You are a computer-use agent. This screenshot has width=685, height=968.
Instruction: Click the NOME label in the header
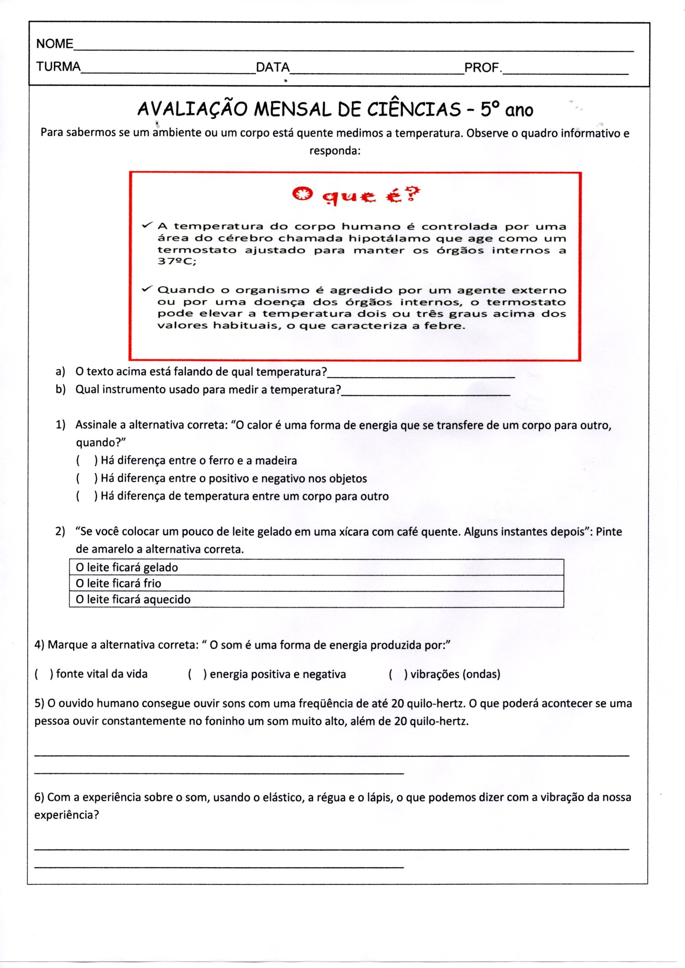click(x=54, y=43)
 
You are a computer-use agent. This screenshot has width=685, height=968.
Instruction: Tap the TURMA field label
click(x=58, y=67)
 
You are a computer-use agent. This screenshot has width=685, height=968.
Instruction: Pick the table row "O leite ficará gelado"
click(x=316, y=567)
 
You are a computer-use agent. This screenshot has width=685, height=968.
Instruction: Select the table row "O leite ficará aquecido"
click(x=316, y=599)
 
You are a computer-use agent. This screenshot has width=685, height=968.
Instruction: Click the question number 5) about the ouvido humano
click(x=40, y=704)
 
